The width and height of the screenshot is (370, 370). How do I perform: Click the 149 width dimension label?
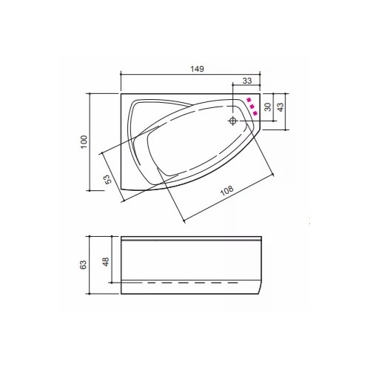[198, 69]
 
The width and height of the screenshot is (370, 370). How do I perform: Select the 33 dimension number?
[247, 81]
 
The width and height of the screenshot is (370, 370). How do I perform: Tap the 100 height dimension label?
[84, 141]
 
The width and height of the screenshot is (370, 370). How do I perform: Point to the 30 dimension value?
[268, 107]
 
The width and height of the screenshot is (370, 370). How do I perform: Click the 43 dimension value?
[280, 107]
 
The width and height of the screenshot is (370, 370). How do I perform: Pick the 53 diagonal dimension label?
[108, 179]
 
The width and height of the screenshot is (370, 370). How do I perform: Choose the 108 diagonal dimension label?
[226, 190]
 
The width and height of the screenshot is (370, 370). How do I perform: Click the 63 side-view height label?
[84, 265]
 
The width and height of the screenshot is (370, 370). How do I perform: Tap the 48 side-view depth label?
[106, 262]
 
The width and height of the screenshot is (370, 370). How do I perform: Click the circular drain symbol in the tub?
[233, 121]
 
